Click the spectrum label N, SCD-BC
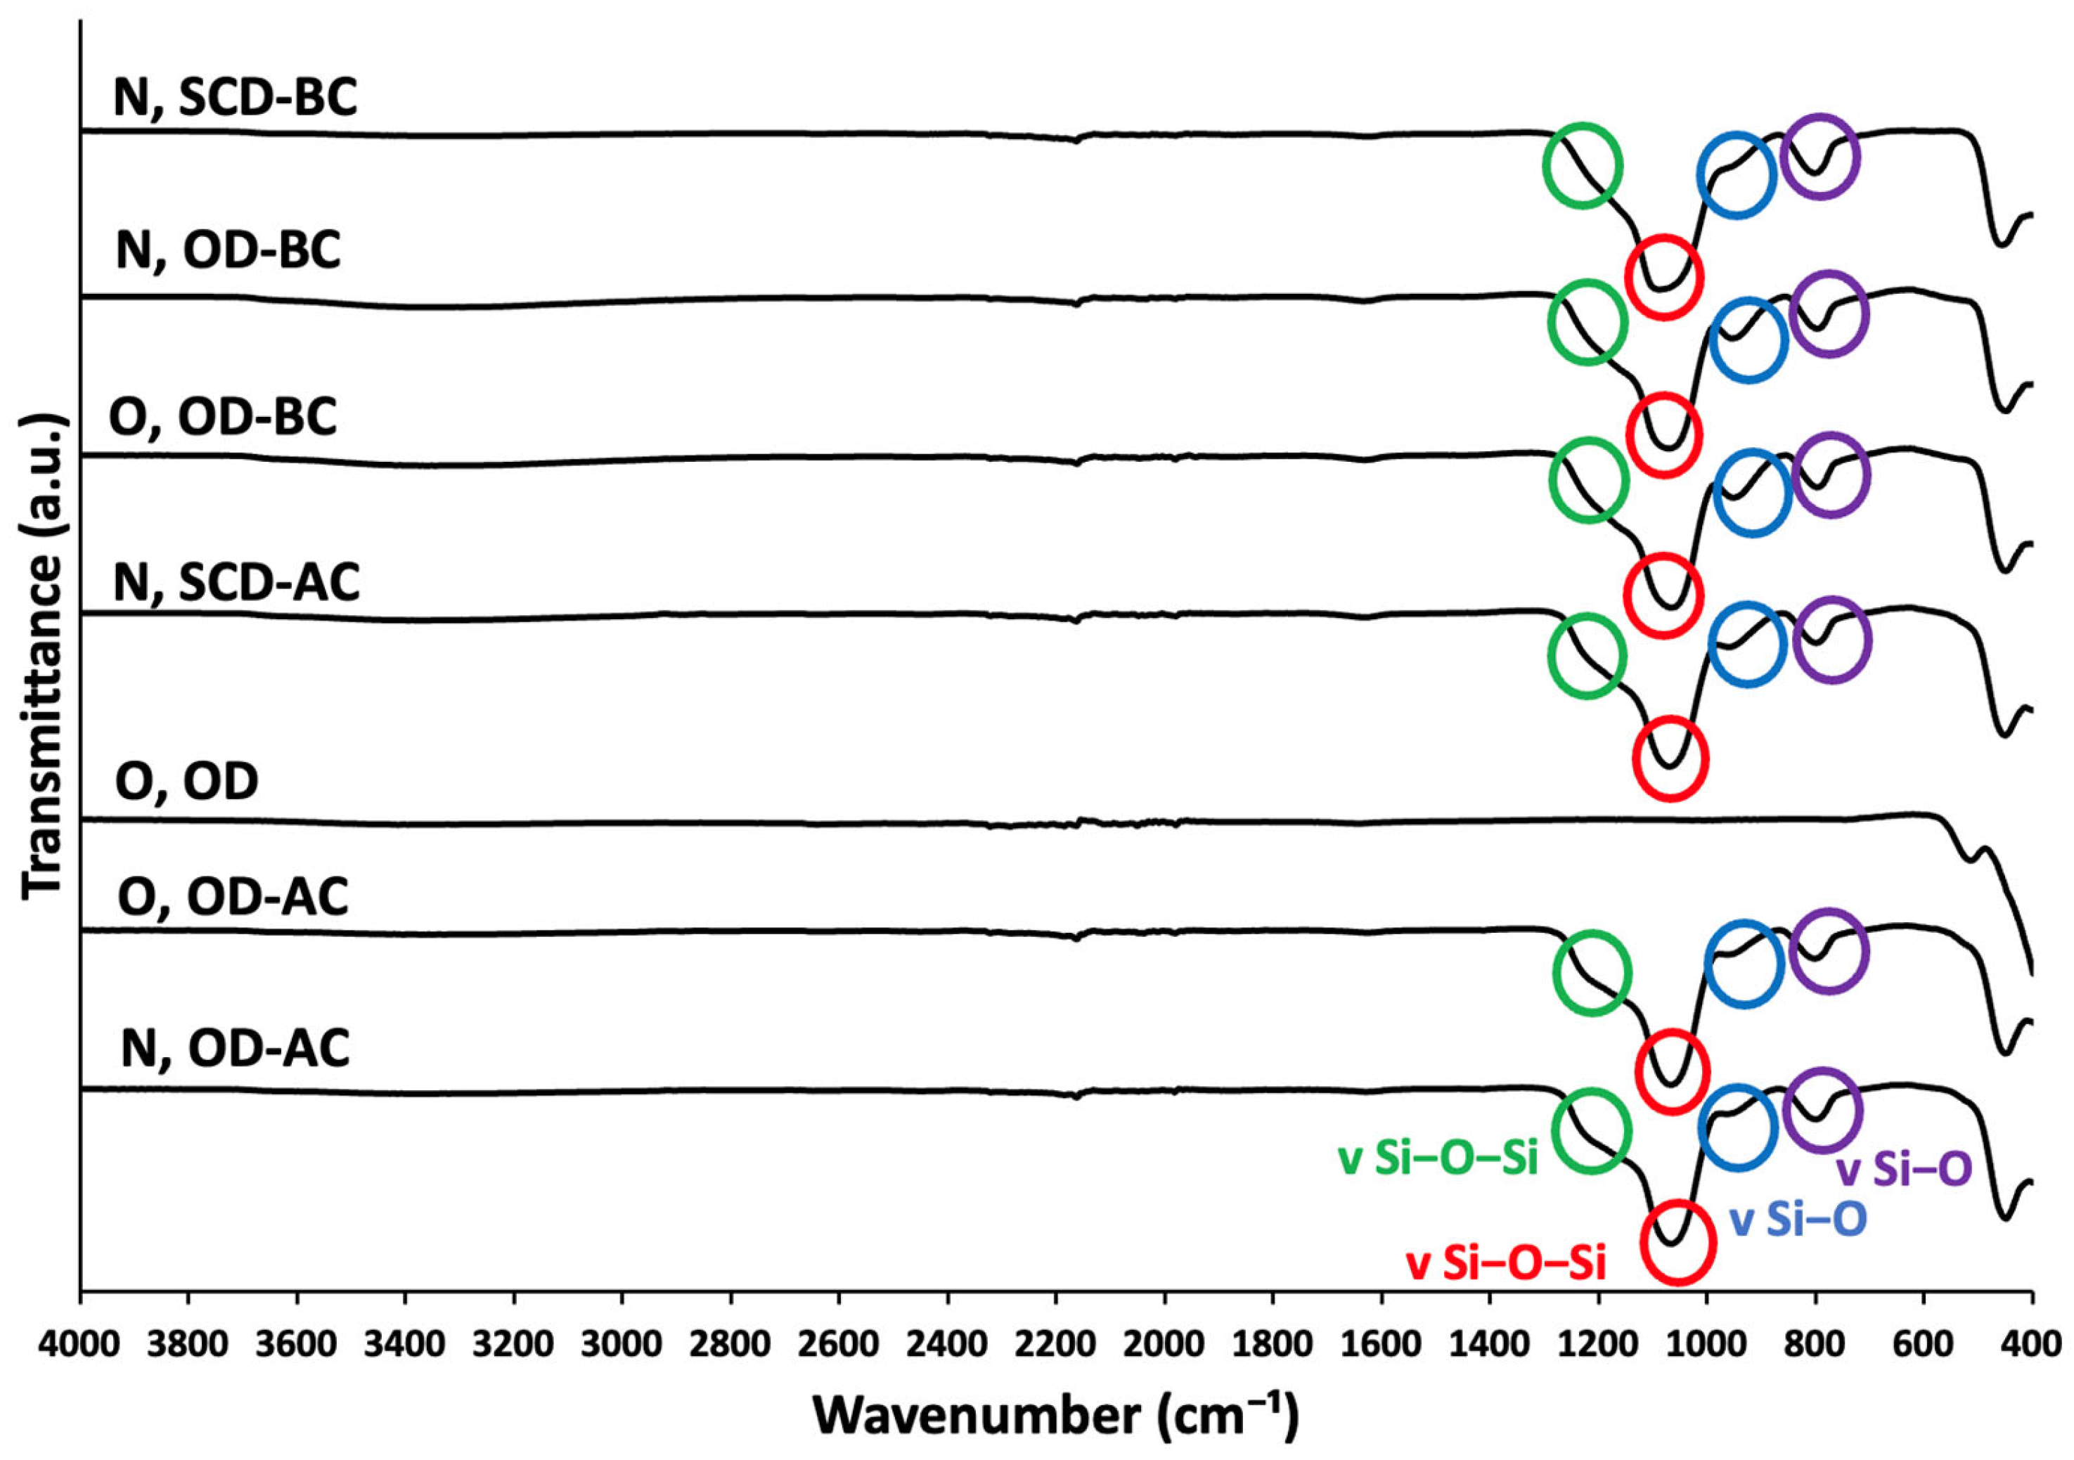tap(235, 98)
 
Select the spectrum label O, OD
tap(187, 781)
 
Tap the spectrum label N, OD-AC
tap(235, 1049)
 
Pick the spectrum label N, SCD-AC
tap(237, 581)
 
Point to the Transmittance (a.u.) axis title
tap(44, 657)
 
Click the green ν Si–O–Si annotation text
tap(1438, 1159)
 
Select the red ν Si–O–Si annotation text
tap(1507, 1264)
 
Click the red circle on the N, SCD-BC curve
tap(1664, 277)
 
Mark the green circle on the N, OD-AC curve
tap(1591, 1130)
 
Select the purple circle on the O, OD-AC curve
tap(1829, 952)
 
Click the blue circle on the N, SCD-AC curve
tap(1748, 644)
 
